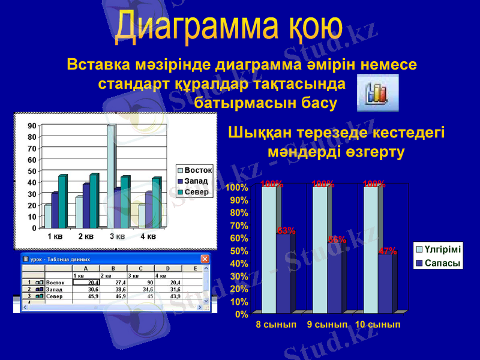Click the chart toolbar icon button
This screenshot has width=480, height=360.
click(x=377, y=93)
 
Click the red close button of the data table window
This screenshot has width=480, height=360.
click(x=205, y=259)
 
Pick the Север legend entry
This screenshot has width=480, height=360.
click(x=196, y=192)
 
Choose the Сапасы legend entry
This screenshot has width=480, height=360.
click(x=439, y=263)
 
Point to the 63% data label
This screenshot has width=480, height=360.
click(x=286, y=230)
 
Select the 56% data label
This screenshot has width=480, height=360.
click(x=337, y=239)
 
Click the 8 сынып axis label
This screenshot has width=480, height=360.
click(x=276, y=325)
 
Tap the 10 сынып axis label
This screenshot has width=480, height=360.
click(x=377, y=325)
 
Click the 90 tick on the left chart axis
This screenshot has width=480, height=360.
click(x=32, y=126)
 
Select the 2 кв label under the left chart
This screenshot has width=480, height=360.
click(x=86, y=236)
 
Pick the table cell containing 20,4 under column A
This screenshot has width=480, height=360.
click(x=85, y=283)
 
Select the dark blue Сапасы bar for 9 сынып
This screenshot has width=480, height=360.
click(x=336, y=279)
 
